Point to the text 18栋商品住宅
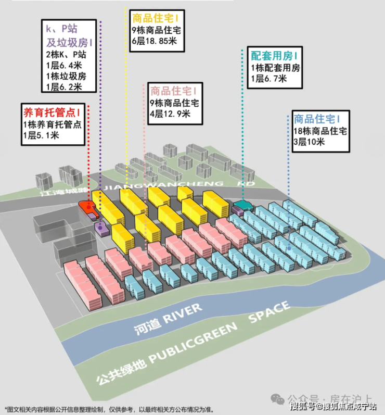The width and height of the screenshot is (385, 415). point(320,131)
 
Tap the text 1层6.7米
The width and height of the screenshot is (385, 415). point(268,79)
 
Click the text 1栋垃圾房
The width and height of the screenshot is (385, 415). point(65,76)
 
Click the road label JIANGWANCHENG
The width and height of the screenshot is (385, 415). point(164,184)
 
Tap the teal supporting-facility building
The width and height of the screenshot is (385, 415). point(243,205)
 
